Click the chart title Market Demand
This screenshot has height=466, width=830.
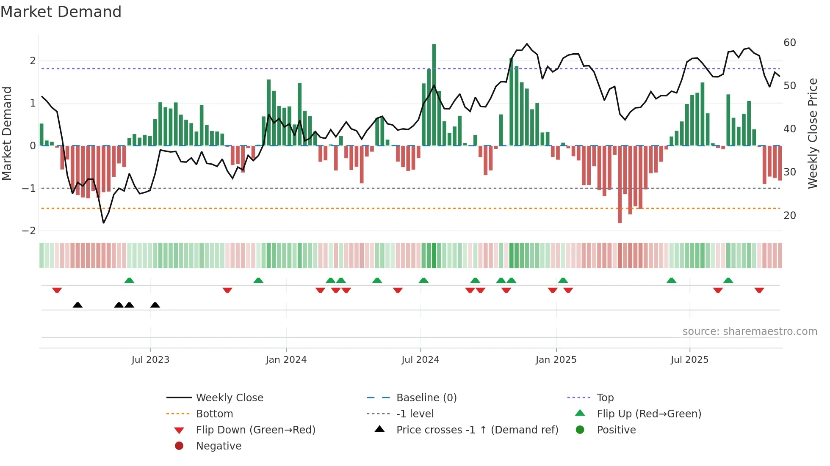(x=61, y=12)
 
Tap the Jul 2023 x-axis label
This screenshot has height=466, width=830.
(x=150, y=360)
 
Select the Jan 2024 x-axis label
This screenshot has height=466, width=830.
(x=286, y=360)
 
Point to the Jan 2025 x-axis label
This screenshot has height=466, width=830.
(x=556, y=360)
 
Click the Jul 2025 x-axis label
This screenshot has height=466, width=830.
(x=689, y=360)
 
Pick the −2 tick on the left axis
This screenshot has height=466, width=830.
(x=29, y=231)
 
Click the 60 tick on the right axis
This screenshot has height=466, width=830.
(x=789, y=43)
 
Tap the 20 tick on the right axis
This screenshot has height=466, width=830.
(x=789, y=216)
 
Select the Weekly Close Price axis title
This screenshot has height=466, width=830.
(x=812, y=133)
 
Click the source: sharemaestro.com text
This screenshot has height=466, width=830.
(x=750, y=332)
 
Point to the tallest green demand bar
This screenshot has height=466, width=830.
(x=434, y=95)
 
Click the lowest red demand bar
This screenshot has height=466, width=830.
(x=620, y=184)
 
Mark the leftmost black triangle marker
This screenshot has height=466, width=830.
(x=77, y=305)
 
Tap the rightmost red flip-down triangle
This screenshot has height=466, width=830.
(x=759, y=290)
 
